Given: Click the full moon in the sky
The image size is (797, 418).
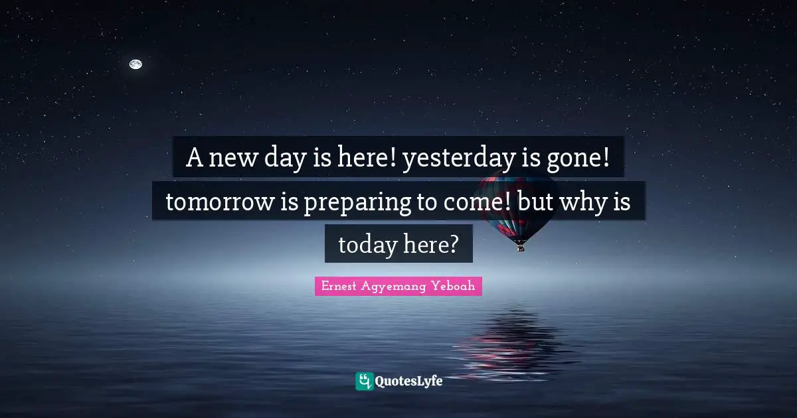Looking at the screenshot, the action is pos(135,64).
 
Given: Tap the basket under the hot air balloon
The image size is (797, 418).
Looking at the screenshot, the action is pos(521,248).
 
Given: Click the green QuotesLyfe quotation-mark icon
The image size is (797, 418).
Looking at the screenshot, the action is pos(365,381).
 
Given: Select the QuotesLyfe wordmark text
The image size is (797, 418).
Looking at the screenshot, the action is pos(409,382).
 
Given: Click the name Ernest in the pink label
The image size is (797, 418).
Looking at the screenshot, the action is pos(339,286).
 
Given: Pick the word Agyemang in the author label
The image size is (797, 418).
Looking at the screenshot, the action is pos(393,287).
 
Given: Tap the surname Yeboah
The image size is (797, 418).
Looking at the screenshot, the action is pos(453,286).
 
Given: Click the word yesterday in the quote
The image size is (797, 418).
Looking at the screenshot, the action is pos(459,159).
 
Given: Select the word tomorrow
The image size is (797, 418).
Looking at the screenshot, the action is pos(220,202).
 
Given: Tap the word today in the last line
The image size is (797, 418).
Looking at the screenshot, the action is pos(367,245).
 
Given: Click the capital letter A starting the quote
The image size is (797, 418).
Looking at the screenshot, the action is pos(194,157).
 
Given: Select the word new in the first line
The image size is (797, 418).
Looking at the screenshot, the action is pos(232,160).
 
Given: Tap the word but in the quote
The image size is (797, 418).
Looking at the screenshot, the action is pos(535,201).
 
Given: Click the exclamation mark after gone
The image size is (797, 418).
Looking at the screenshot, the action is pos(606,157).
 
